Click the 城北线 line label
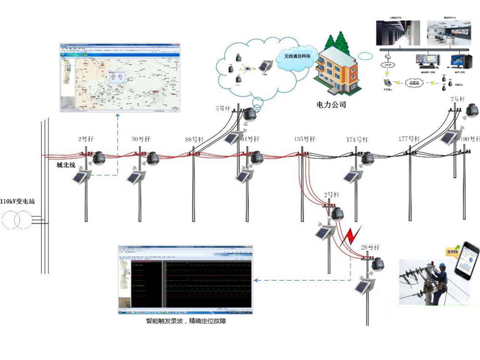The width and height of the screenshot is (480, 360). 67,166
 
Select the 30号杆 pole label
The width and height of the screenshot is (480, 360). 141,140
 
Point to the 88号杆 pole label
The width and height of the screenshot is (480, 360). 195,140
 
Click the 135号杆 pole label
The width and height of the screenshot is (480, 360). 305,139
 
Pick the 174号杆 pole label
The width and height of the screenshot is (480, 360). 357,140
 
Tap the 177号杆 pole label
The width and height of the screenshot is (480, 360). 409,139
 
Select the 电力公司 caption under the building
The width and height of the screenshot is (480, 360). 331,104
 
